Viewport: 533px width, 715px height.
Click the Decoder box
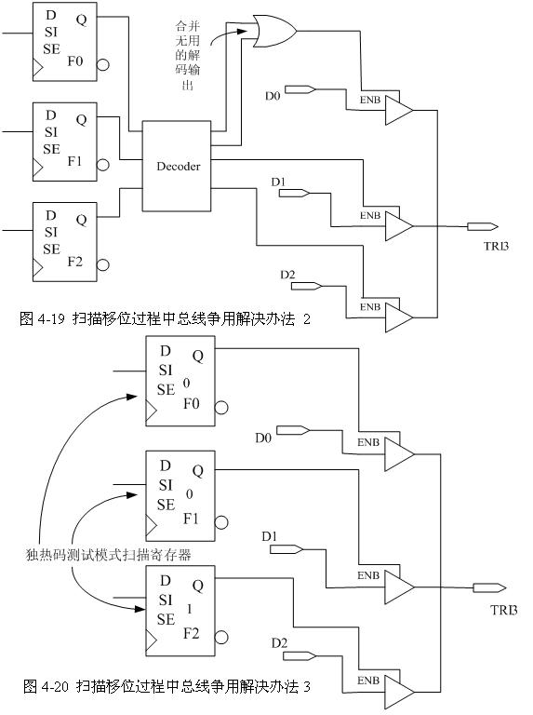pos(177,166)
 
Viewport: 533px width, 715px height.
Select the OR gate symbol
pos(274,31)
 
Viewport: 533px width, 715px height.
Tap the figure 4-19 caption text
pos(165,318)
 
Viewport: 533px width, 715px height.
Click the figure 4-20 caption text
pos(167,686)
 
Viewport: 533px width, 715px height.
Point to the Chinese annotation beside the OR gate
pos(188,55)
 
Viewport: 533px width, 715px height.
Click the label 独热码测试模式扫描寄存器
pos(108,555)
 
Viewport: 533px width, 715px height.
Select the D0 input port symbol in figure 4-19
pos(300,89)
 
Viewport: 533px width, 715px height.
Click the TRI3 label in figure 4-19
pos(496,246)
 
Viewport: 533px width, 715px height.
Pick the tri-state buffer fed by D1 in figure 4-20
pos(400,587)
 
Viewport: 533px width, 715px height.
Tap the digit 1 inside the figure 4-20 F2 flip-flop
pos(190,609)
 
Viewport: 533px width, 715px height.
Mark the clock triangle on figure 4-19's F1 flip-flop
pos(38,168)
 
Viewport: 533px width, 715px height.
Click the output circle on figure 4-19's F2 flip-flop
pos(103,265)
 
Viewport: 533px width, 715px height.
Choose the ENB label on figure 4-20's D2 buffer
pos(368,681)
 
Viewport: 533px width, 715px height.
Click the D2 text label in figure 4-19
pos(287,275)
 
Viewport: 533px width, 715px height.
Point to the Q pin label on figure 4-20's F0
pos(198,356)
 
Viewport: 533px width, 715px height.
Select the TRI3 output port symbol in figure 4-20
pos(489,587)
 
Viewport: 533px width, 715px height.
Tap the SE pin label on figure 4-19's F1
pos(51,149)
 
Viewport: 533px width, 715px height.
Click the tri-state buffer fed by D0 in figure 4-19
pos(400,110)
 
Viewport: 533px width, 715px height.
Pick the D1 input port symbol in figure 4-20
pos(286,549)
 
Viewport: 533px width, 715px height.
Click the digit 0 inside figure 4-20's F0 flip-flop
pos(186,383)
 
